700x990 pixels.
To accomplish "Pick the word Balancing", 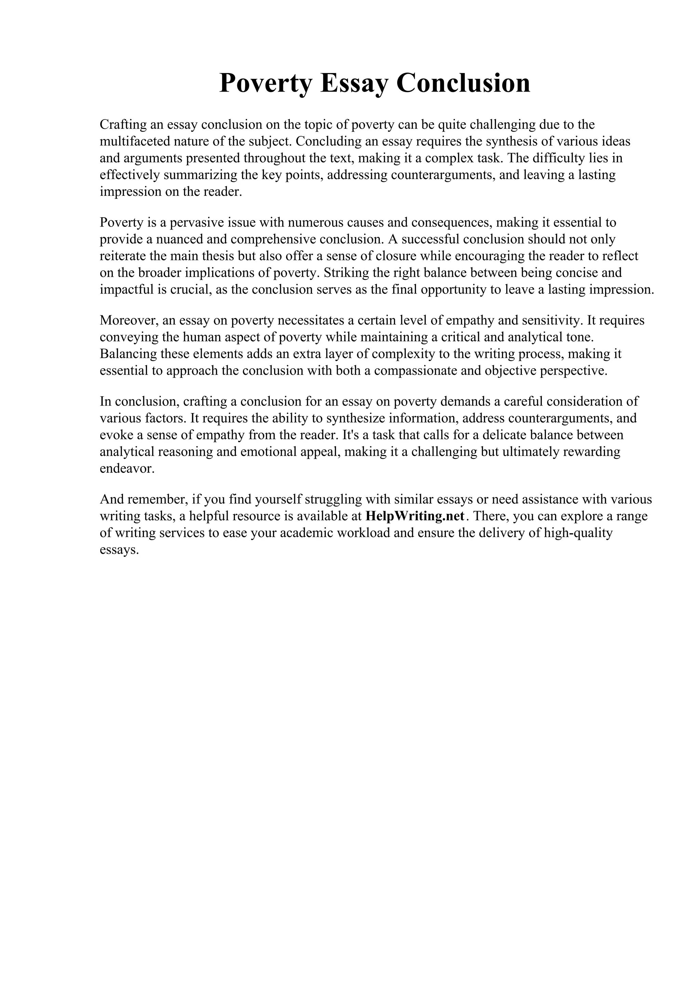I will (128, 354).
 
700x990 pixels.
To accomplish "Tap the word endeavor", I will (126, 468).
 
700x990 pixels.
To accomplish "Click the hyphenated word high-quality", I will (578, 533).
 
